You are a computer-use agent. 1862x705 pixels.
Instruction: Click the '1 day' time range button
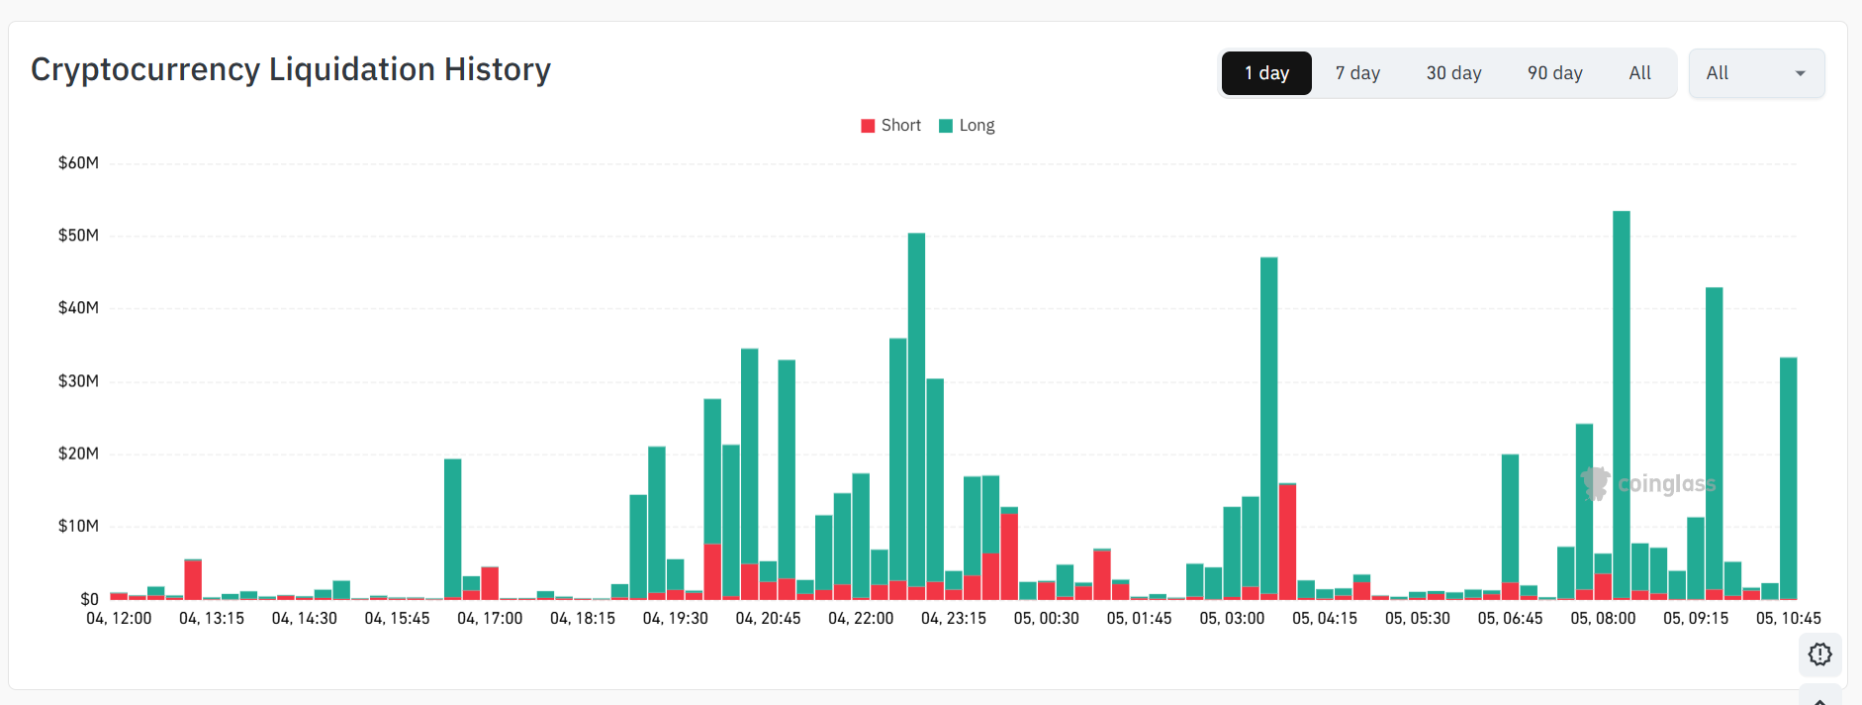[1266, 73]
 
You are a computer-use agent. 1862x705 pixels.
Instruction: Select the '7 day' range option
[1357, 73]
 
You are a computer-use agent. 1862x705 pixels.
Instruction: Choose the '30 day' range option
[1453, 73]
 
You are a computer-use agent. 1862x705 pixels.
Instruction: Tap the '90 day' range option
[1554, 73]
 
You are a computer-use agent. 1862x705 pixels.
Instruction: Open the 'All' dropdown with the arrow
[1756, 73]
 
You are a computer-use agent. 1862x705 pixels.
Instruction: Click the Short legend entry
[891, 126]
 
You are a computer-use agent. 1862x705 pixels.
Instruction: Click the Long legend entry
[967, 126]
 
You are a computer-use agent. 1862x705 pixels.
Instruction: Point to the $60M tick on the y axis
[78, 163]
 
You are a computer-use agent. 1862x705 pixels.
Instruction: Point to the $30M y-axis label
[78, 381]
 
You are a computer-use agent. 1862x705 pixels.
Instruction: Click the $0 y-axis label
[89, 599]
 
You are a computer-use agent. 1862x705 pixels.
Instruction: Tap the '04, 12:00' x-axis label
[119, 619]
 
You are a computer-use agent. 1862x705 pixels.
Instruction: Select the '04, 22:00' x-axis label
[861, 619]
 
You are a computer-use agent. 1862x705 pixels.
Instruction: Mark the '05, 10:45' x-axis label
[1788, 619]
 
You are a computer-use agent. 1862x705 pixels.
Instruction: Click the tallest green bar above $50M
[1621, 396]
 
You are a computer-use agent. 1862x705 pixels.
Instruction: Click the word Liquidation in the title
[352, 70]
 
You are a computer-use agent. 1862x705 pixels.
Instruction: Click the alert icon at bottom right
[1819, 655]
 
